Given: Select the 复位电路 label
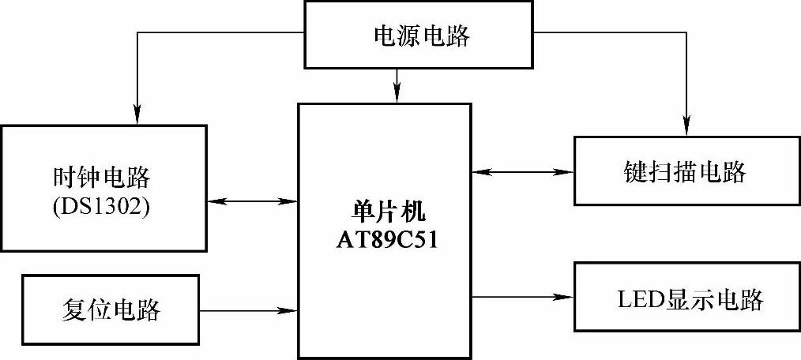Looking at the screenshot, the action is [110, 309].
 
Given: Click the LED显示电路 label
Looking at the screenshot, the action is [690, 299].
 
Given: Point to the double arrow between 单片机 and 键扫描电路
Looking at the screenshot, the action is [521, 171].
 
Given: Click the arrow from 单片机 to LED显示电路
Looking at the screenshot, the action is [521, 298].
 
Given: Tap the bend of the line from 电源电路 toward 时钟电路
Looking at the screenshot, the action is [138, 33].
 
